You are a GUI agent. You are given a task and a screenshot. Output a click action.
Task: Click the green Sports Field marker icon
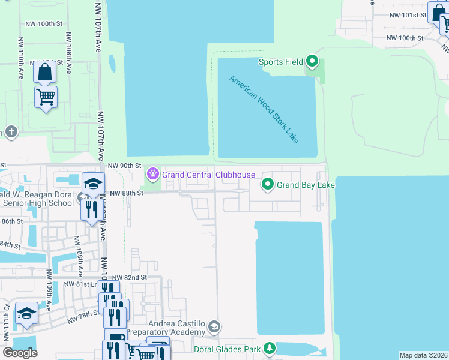[312, 61]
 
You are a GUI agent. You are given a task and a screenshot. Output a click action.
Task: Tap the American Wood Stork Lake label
[263, 109]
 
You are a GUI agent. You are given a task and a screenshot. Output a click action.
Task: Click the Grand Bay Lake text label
[305, 185]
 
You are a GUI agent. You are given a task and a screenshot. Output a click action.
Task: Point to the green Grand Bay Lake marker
[268, 184]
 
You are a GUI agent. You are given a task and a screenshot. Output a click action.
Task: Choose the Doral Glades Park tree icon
[270, 348]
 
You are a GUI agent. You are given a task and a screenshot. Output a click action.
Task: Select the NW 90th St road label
[124, 166]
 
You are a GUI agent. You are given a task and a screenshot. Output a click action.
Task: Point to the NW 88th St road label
[126, 193]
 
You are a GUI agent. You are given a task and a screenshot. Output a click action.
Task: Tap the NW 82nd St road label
[130, 278]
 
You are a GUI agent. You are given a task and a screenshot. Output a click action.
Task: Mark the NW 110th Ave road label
[20, 65]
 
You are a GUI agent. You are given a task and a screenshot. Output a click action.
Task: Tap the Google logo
[20, 353]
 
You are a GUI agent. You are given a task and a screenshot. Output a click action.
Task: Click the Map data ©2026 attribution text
[423, 355]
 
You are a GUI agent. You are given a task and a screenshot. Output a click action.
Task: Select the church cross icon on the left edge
[11, 132]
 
